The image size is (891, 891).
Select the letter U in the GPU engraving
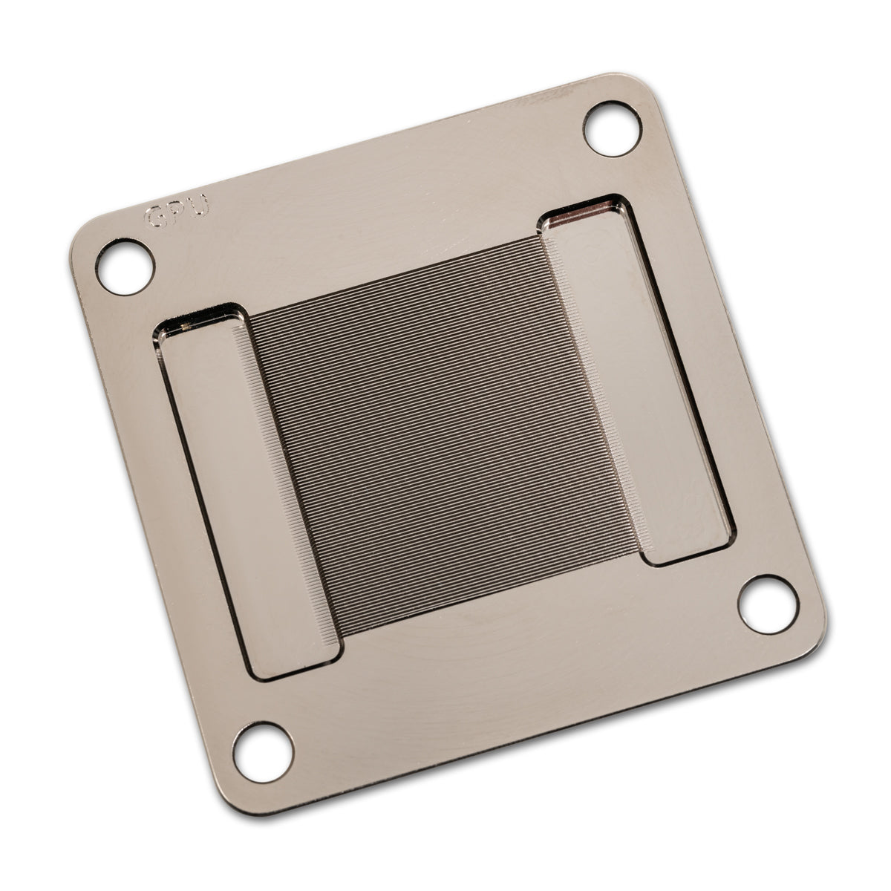click(x=199, y=206)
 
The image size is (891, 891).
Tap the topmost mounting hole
click(x=613, y=128)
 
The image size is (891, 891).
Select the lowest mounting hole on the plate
click(x=262, y=749)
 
